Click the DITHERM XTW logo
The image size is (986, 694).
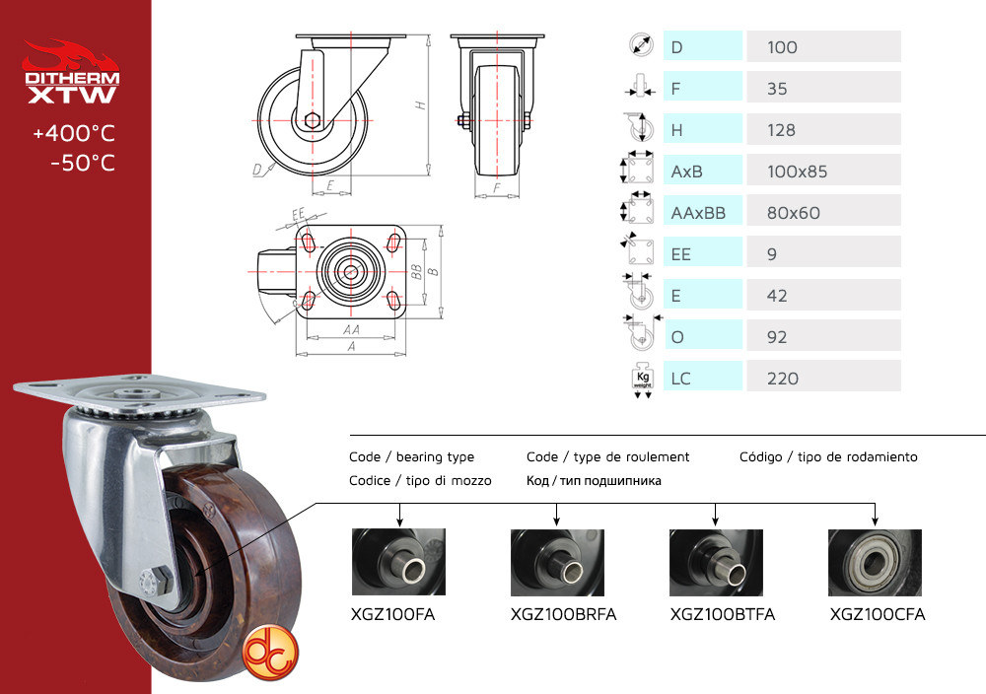(x=71, y=72)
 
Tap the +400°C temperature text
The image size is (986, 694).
(x=74, y=133)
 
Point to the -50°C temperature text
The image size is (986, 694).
(x=83, y=163)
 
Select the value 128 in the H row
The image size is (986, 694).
(x=781, y=130)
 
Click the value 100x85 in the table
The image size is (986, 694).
(x=797, y=172)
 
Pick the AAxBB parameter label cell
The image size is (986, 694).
(x=703, y=213)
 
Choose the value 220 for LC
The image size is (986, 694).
(x=782, y=379)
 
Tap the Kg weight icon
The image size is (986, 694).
(x=642, y=380)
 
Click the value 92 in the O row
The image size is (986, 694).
(x=777, y=337)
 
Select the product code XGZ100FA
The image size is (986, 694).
(x=392, y=614)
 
